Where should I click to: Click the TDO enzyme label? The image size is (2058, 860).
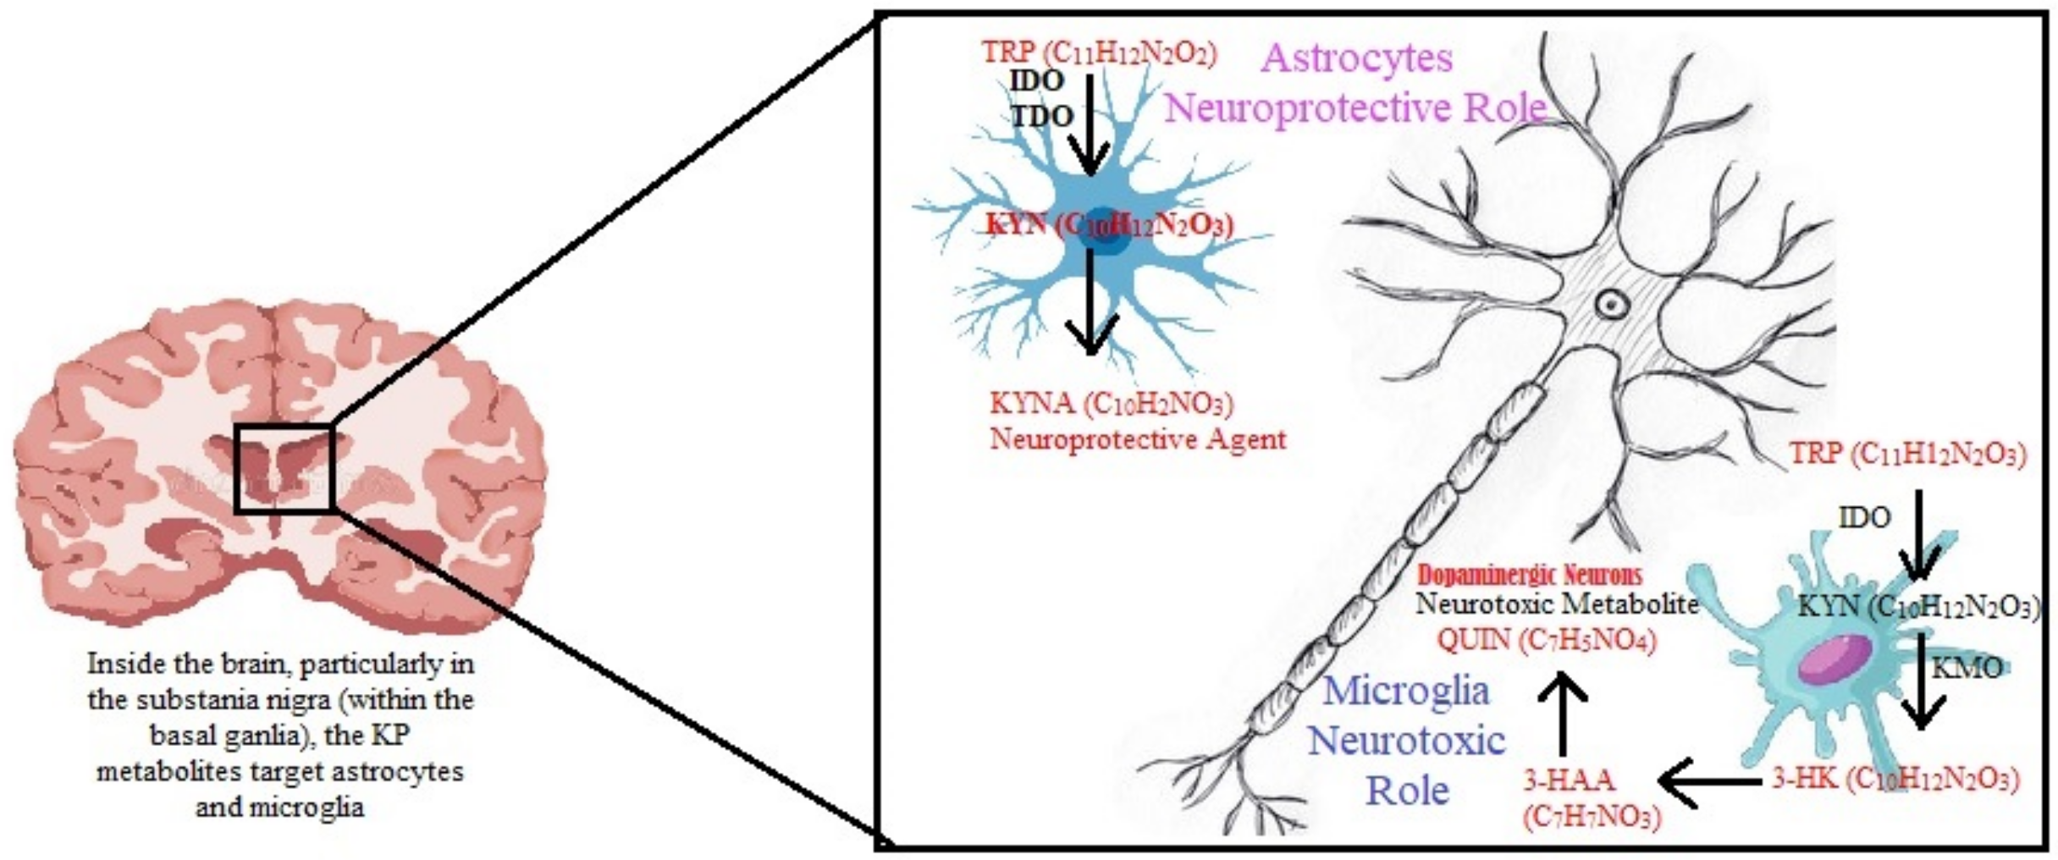(1042, 117)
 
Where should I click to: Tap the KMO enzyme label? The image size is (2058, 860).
(1967, 668)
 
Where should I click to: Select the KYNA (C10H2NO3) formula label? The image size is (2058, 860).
(1112, 403)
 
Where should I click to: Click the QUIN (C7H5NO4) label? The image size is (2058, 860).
(1546, 640)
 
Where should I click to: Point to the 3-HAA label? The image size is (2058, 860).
(1569, 779)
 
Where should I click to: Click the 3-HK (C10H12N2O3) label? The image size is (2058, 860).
(1895, 779)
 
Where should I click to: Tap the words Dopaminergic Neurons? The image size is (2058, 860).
(1530, 576)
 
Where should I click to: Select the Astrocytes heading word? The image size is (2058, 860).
(1356, 58)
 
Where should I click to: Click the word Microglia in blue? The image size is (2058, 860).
(1406, 690)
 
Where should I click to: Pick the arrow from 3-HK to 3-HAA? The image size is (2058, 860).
(1710, 781)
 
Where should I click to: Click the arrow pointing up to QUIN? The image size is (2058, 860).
(1562, 712)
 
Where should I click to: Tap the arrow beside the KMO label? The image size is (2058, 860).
(1922, 681)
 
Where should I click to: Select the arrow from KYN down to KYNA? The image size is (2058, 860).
(1091, 305)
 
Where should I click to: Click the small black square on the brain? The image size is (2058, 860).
(284, 467)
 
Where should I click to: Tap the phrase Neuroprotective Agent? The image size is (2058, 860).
(1138, 439)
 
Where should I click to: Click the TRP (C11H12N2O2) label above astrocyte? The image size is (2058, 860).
(1099, 52)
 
